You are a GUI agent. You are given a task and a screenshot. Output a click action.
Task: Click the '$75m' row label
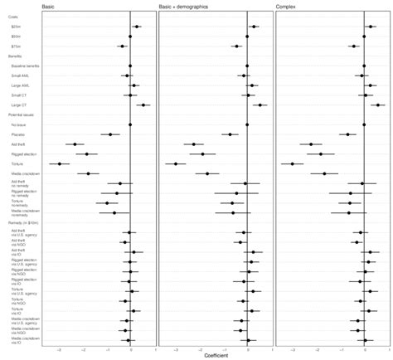[x=17, y=46]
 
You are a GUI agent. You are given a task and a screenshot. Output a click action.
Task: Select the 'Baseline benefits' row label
[x=23, y=66]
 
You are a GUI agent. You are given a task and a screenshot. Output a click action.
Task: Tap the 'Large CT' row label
[x=18, y=105]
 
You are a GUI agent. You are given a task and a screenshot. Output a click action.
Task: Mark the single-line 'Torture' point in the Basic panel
[x=60, y=163]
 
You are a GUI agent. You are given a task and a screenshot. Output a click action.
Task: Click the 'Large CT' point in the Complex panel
[x=377, y=105]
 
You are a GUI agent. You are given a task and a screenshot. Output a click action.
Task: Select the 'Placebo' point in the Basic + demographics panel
[x=230, y=134]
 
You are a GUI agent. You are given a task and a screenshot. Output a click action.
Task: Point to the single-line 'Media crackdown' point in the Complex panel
[x=324, y=173]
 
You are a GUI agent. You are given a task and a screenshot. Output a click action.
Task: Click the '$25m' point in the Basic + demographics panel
[x=253, y=27]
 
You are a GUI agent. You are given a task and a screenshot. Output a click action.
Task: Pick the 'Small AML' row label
[x=19, y=75]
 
